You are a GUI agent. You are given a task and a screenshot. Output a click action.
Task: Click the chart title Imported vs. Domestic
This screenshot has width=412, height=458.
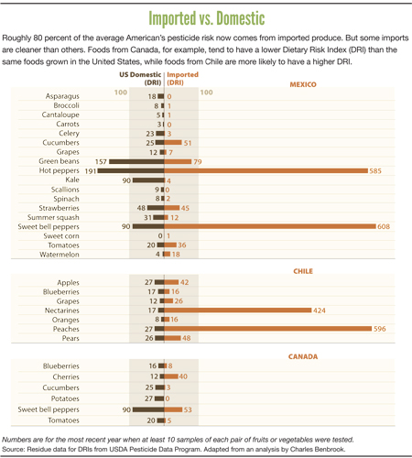coord(207,18)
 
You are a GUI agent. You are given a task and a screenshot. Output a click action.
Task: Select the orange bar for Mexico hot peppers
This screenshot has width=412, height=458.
coord(266,170)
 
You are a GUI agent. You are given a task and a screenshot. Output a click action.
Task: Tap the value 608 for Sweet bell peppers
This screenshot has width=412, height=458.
coord(384,226)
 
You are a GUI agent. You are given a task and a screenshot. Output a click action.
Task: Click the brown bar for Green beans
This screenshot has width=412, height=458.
coord(136,161)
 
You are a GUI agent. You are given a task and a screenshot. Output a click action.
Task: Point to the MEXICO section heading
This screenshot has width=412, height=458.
coord(303,84)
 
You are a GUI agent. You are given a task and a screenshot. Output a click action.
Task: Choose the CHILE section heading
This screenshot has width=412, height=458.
coord(303,271)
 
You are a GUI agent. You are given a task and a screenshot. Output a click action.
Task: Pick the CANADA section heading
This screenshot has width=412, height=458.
coord(303,356)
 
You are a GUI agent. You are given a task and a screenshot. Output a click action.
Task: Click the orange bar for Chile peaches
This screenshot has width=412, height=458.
coord(268,329)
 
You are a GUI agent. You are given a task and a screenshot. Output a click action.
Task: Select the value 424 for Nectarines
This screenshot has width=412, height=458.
coord(320,311)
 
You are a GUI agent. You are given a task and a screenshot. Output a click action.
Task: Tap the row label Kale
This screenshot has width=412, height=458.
coord(72,180)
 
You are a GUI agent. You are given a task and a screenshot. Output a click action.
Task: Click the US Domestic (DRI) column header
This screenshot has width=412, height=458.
coord(140,79)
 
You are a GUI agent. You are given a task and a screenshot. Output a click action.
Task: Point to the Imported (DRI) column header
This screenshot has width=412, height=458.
coord(182,79)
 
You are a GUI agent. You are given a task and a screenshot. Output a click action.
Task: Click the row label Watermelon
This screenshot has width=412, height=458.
coord(60,255)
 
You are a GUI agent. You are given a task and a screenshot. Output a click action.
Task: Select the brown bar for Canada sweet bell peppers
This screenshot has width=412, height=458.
coord(148,409)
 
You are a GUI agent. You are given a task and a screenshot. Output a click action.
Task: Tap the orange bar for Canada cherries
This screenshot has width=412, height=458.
coord(171,376)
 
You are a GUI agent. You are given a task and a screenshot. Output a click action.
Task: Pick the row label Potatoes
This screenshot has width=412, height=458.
coord(65,398)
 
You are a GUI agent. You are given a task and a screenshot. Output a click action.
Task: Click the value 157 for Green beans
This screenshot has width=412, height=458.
coord(101,161)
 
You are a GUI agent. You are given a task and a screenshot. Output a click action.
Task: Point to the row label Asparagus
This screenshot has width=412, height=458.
coord(62,96)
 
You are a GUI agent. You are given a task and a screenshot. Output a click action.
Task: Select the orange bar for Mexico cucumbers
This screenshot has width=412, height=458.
coord(173,143)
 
